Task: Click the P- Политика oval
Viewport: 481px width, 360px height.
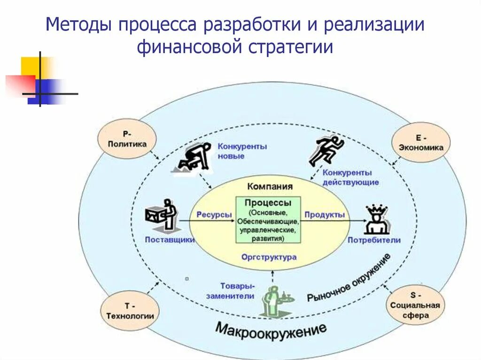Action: pyautogui.click(x=127, y=139)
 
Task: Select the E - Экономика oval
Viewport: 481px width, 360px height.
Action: pyautogui.click(x=421, y=142)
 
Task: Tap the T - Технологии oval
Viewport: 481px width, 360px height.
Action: pyautogui.click(x=130, y=310)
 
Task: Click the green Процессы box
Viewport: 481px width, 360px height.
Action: pyautogui.click(x=268, y=220)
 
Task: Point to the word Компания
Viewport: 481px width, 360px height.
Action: pyautogui.click(x=270, y=186)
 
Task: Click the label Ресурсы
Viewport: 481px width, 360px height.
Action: pyautogui.click(x=214, y=214)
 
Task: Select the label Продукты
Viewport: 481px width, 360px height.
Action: pyautogui.click(x=325, y=214)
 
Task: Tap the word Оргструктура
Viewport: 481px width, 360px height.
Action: pyautogui.click(x=269, y=257)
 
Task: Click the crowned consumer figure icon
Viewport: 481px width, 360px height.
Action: pyautogui.click(x=375, y=219)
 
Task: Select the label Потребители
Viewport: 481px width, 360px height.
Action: pyautogui.click(x=374, y=240)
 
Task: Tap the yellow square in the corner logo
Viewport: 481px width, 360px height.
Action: pyautogui.click(x=30, y=66)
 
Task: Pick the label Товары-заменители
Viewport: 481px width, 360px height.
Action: pyautogui.click(x=237, y=291)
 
